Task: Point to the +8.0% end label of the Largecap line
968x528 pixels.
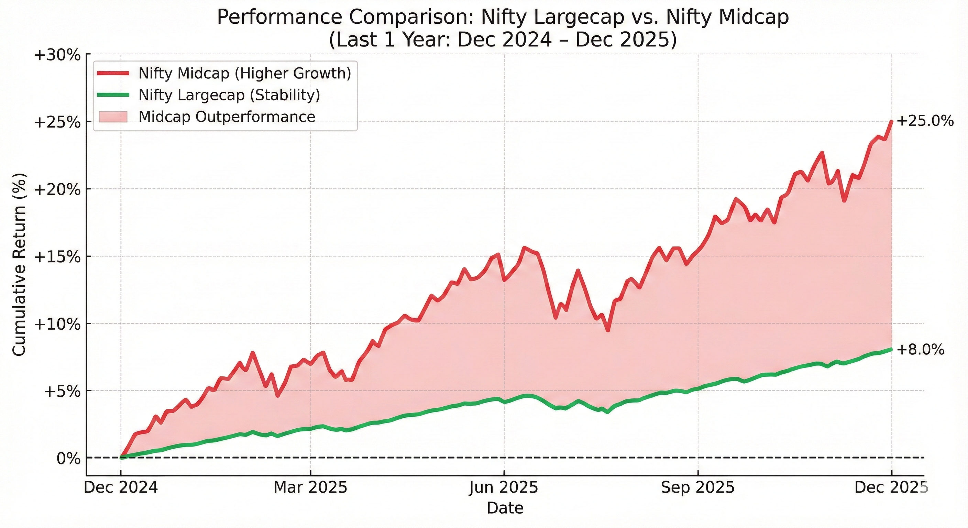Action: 920,350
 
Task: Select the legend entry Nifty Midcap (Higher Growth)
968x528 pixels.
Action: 245,73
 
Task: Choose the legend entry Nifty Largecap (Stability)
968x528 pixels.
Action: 229,95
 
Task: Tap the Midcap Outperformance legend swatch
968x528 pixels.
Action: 113,117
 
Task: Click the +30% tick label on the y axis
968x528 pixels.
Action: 57,55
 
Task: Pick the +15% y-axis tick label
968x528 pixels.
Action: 57,257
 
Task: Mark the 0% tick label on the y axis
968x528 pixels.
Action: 68,459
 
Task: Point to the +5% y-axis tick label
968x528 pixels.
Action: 62,391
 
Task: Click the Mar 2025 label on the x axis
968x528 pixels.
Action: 310,488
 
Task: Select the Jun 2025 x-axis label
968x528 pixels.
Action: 504,488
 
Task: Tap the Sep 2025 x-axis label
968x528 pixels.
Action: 697,488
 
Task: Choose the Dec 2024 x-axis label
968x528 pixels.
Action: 121,488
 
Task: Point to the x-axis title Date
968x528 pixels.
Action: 505,508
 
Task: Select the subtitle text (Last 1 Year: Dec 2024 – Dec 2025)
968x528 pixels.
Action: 503,40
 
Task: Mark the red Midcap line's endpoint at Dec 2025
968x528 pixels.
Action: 891,121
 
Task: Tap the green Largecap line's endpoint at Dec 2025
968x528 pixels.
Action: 891,350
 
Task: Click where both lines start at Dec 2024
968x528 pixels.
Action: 121,457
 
